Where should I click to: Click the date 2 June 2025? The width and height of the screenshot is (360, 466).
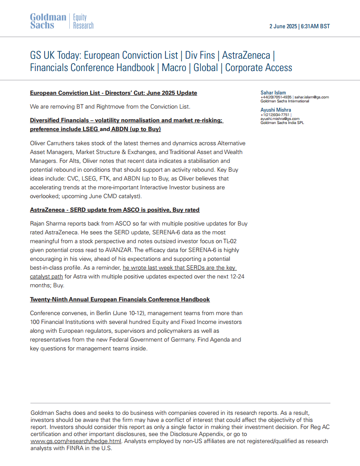coord(283,26)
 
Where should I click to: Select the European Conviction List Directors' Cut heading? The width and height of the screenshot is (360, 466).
coord(113,93)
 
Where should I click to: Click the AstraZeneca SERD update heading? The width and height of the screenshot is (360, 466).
coord(115,210)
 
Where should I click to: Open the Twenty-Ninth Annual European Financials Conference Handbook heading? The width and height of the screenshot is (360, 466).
coord(120,300)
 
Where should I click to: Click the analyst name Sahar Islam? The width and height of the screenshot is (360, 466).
coord(273,93)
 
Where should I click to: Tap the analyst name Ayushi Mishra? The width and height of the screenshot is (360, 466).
coord(276,110)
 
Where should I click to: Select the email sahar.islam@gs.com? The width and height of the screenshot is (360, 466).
coord(311,97)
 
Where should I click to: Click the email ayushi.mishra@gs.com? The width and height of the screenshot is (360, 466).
coord(280,119)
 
